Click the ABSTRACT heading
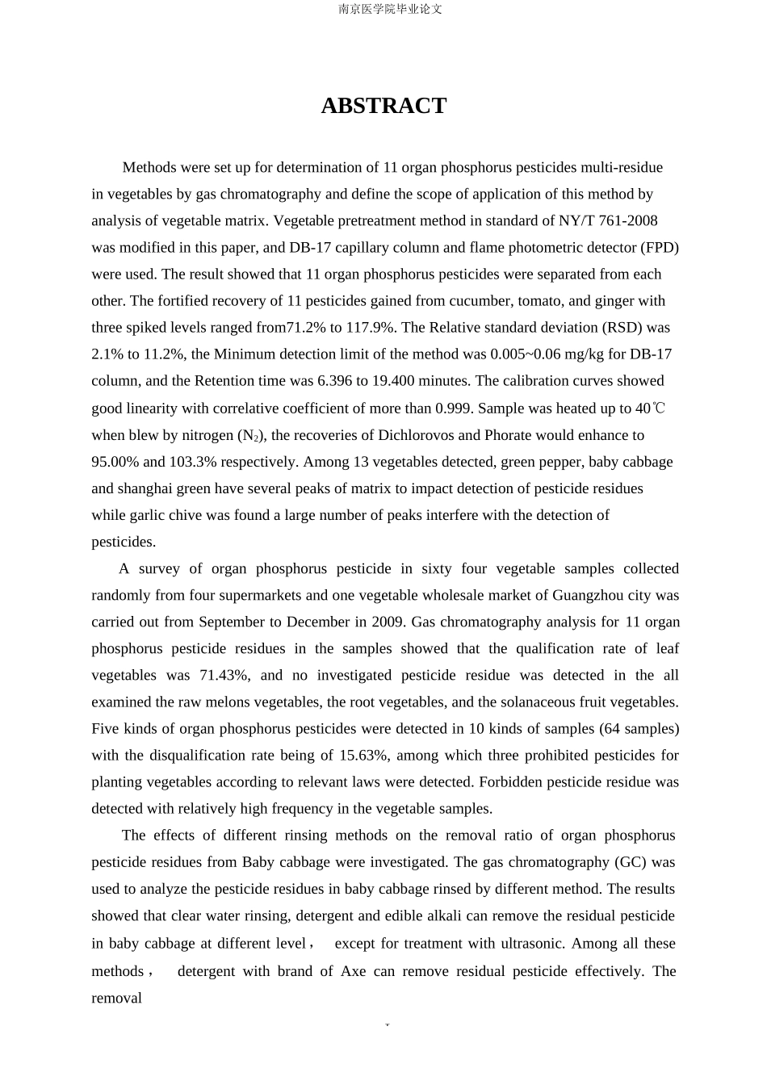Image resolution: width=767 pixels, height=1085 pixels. [383, 106]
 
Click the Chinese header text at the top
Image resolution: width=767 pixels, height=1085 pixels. [390, 10]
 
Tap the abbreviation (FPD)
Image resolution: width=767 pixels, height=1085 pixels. [660, 247]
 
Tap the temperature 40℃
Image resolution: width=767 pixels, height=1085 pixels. [650, 408]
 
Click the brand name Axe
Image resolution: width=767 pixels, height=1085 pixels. [354, 970]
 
